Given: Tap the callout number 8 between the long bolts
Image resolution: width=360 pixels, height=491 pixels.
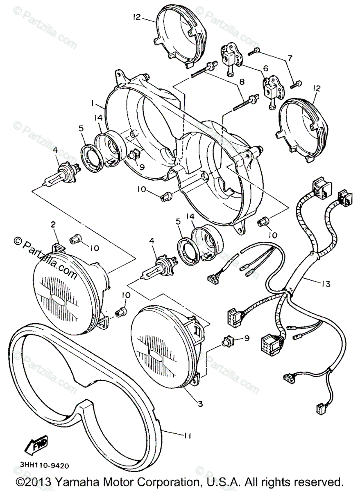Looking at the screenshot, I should coord(242,82).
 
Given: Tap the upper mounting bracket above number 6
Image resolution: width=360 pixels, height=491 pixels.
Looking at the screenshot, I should coord(231,55).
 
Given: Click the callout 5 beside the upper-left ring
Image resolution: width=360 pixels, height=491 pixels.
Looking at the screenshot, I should coord(82,128).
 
